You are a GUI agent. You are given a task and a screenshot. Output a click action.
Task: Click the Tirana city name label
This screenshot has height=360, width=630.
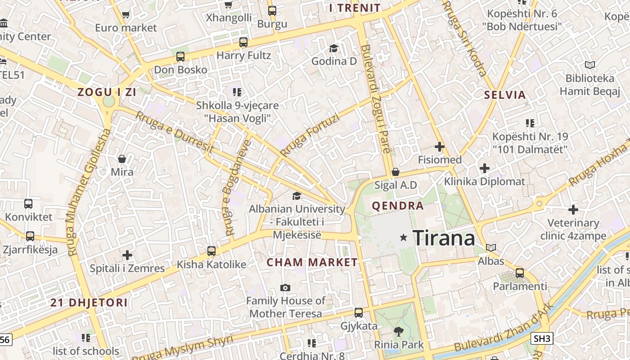(x=443, y=238)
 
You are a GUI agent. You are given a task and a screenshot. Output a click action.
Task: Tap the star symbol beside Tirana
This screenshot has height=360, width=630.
(x=404, y=237)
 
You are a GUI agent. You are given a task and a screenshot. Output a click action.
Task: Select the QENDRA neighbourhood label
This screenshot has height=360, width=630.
(x=398, y=206)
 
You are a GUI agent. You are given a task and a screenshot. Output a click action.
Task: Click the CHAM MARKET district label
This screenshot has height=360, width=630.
(x=312, y=262)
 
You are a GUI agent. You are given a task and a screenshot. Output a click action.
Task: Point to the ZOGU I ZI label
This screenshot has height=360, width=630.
(x=107, y=92)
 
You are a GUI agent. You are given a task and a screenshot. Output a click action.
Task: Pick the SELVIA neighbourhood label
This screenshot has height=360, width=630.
(x=505, y=95)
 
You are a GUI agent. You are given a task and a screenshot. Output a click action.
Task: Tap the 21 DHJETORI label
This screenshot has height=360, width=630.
(x=89, y=302)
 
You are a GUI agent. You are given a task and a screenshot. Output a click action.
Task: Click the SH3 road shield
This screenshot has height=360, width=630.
(x=542, y=338)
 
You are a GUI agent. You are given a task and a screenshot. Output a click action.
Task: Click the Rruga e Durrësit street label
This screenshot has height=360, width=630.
(x=175, y=133)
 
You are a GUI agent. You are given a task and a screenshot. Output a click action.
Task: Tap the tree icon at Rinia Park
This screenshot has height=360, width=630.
(x=398, y=332)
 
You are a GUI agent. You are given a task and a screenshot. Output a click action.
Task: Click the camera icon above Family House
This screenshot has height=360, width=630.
(x=285, y=288)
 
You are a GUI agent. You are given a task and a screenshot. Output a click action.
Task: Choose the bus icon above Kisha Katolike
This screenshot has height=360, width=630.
(x=211, y=251)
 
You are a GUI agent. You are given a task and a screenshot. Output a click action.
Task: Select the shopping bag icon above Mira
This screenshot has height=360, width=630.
(x=121, y=159)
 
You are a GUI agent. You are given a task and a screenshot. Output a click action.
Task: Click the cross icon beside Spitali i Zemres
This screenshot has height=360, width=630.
(x=127, y=255)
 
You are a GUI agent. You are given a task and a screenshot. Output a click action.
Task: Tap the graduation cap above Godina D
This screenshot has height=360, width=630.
(x=333, y=48)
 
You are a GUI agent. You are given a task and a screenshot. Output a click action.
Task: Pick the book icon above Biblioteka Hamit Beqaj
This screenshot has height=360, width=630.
(x=589, y=65)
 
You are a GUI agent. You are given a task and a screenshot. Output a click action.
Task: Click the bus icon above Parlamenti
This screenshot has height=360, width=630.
(x=520, y=273)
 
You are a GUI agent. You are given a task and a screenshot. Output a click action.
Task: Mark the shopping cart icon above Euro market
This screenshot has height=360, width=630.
(x=126, y=15)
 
